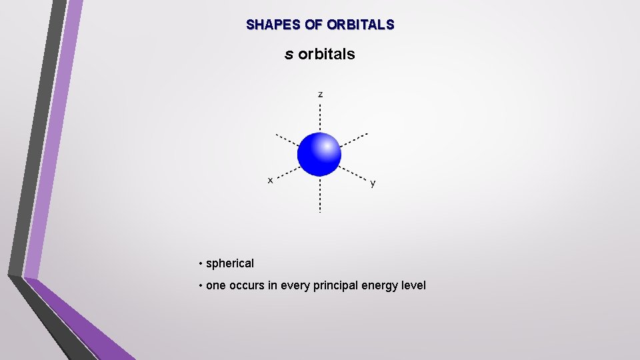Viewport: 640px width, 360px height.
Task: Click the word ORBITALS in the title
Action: (361, 25)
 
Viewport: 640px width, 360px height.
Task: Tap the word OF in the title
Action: (313, 25)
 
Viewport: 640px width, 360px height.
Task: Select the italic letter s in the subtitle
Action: (289, 54)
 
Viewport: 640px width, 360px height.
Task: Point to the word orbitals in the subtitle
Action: (327, 54)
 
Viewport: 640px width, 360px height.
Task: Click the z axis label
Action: (321, 94)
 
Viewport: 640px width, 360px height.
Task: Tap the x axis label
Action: (270, 180)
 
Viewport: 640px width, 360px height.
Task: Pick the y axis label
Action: (373, 183)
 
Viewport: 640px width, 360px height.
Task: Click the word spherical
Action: (230, 263)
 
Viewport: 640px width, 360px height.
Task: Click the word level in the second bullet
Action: (413, 285)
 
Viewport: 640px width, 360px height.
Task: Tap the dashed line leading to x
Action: (287, 171)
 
